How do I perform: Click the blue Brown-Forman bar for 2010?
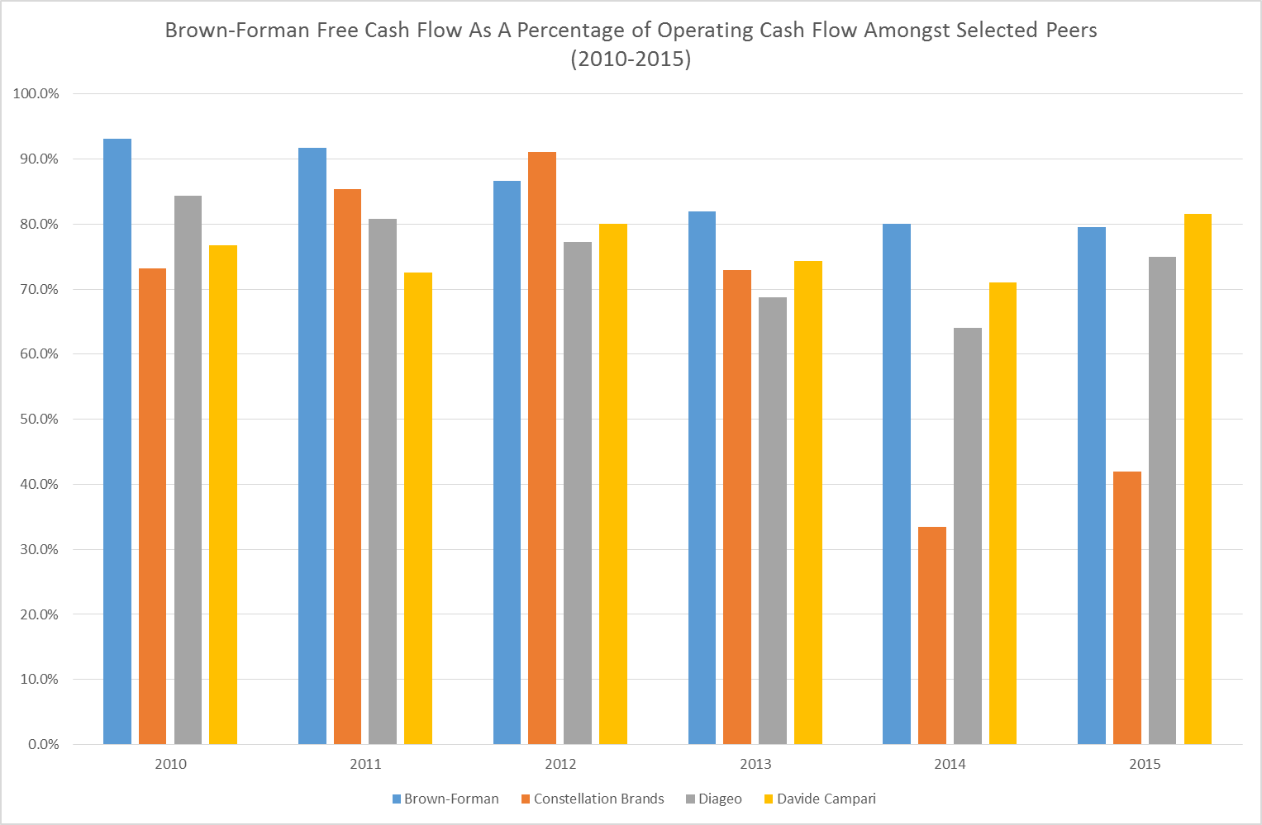[117, 442]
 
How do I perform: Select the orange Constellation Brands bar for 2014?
[931, 636]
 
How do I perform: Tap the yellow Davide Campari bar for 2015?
[1198, 479]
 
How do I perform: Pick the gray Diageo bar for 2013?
[773, 520]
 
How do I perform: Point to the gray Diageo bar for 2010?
[188, 470]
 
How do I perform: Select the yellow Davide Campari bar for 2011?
[418, 508]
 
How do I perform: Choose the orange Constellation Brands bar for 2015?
[1126, 608]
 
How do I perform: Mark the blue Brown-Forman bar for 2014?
[897, 484]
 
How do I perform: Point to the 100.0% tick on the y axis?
[36, 94]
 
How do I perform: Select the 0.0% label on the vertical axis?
[42, 745]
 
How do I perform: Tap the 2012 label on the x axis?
[560, 764]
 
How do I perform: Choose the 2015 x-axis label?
[1145, 764]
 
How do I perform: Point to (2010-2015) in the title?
[631, 59]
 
